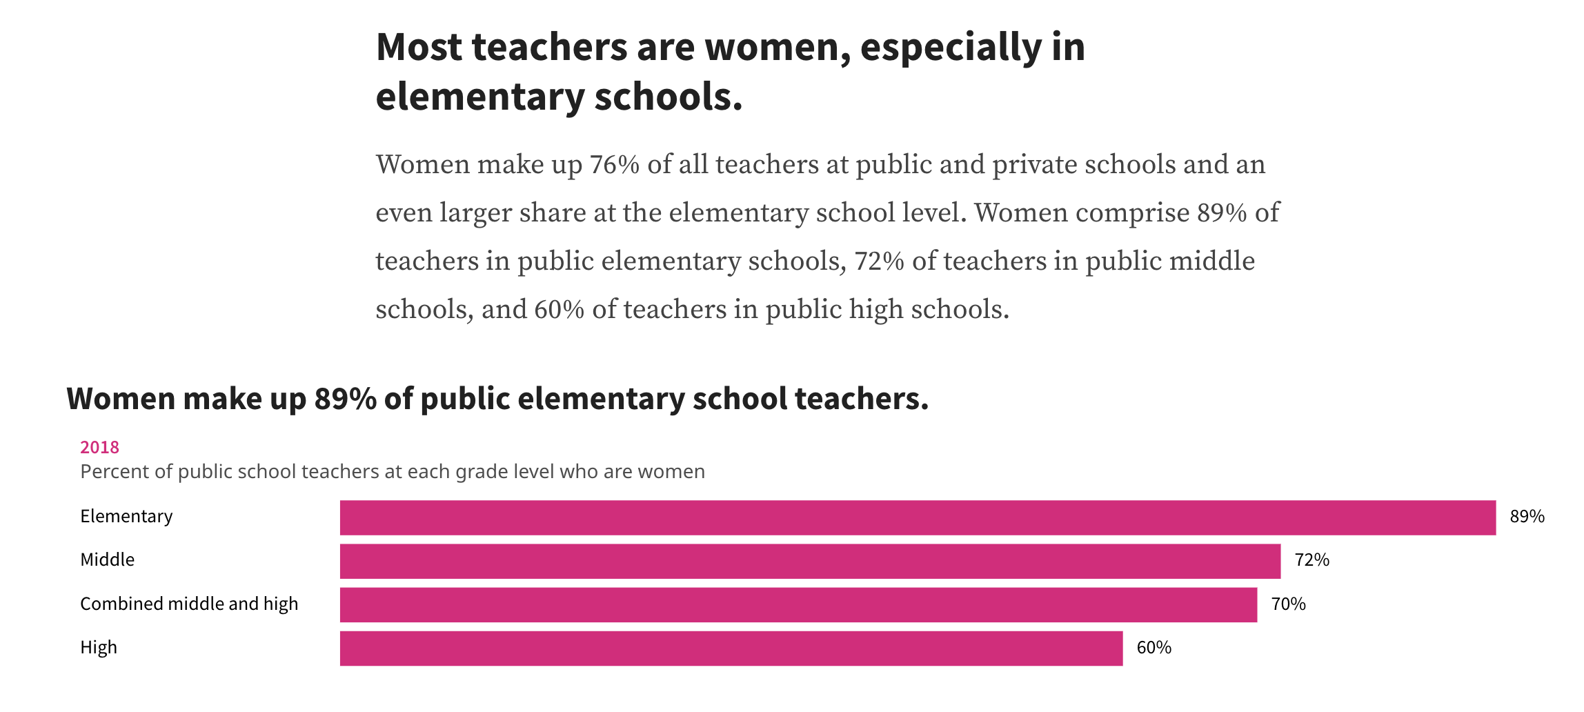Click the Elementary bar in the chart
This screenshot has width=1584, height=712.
tap(918, 517)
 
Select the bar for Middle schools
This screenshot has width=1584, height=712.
tap(810, 561)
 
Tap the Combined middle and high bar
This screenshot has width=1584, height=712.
tap(798, 604)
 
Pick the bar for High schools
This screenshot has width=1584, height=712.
tap(731, 648)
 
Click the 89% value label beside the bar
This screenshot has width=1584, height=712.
tap(1527, 517)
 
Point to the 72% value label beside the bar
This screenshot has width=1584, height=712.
tap(1311, 560)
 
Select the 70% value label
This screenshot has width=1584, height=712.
tap(1288, 604)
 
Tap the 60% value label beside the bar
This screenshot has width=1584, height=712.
tap(1154, 648)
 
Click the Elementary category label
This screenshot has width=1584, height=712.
tap(126, 517)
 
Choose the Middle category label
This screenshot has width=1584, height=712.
tap(107, 560)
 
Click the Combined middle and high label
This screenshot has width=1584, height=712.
tap(189, 604)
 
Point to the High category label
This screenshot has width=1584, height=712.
tap(99, 648)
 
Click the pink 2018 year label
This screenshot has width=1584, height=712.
tap(99, 448)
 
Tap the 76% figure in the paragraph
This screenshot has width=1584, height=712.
tap(614, 165)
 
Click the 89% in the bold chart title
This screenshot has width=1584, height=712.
tap(345, 399)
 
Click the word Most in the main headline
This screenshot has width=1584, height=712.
tap(419, 47)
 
